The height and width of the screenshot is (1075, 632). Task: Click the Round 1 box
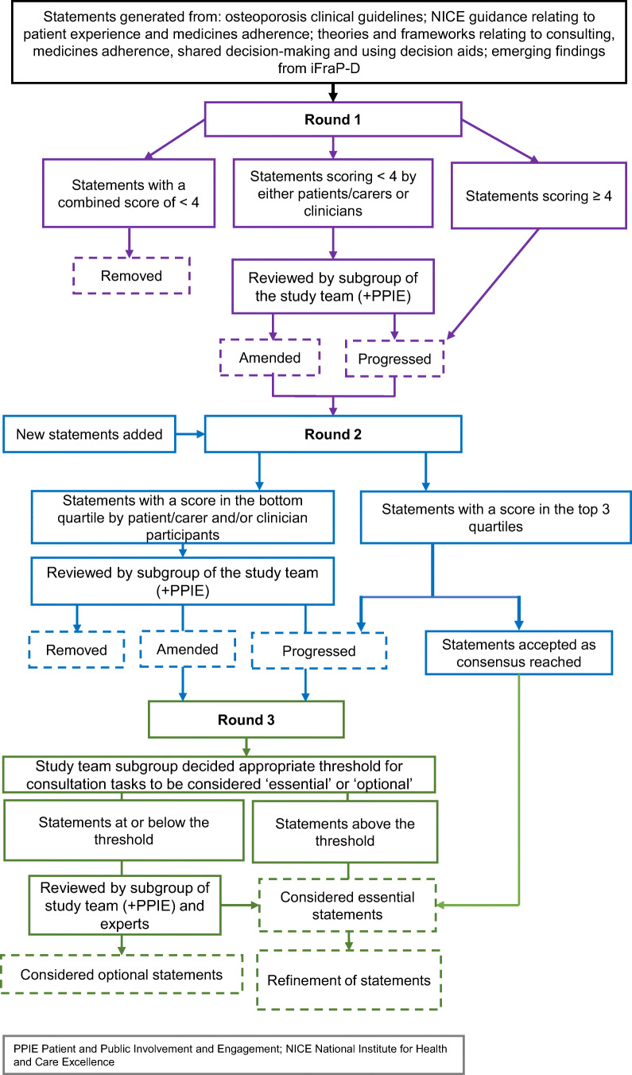(333, 119)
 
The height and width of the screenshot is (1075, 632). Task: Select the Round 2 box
(333, 434)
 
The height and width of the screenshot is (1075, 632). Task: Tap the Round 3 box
(246, 720)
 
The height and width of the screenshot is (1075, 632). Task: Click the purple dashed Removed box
(131, 275)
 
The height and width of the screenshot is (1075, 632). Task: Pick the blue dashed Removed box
(77, 650)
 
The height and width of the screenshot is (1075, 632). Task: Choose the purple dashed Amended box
(269, 358)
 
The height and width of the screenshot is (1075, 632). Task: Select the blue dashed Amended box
(188, 649)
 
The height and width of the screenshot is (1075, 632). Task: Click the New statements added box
(89, 434)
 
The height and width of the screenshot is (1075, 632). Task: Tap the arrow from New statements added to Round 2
(190, 434)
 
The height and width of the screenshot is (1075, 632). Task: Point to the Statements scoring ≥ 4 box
(539, 196)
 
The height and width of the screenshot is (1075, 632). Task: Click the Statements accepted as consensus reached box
(519, 653)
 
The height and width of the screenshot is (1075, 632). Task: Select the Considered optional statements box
(122, 974)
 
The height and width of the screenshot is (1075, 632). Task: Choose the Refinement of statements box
(349, 980)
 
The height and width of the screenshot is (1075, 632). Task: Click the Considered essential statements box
(347, 905)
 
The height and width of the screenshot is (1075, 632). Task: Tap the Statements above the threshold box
(345, 832)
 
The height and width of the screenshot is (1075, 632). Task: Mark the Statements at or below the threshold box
(124, 830)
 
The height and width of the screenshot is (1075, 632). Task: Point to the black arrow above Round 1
(333, 92)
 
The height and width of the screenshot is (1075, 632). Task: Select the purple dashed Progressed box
(394, 359)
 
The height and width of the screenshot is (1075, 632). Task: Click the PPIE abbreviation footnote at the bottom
(234, 1055)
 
